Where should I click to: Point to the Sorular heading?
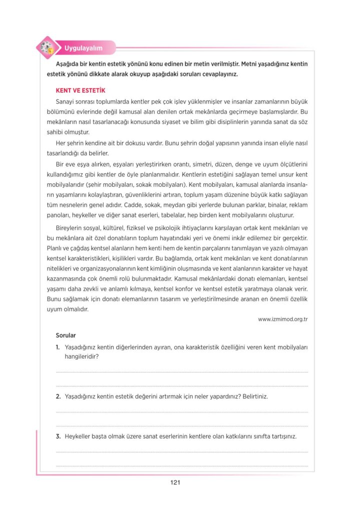66,335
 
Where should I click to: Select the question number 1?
58,347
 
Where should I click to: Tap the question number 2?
58,396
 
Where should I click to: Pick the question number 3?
58,436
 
